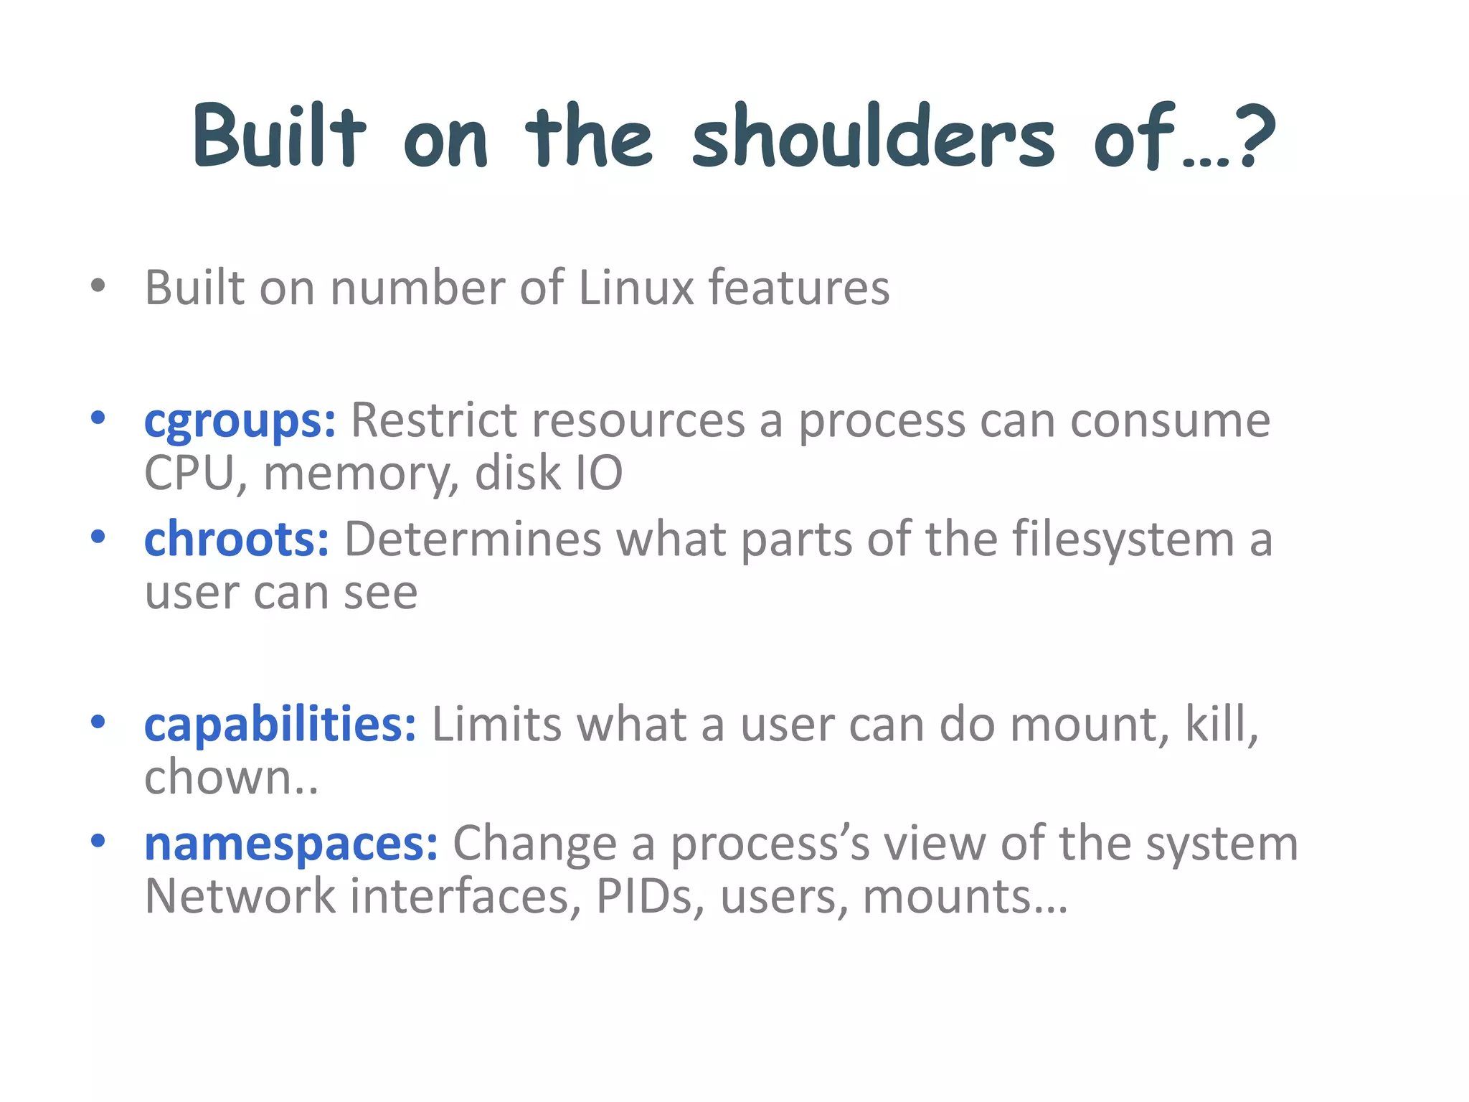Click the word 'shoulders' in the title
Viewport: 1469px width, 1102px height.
(873, 136)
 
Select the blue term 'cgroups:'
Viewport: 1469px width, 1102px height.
(240, 422)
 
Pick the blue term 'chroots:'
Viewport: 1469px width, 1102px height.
(237, 540)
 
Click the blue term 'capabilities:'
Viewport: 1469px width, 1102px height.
(280, 725)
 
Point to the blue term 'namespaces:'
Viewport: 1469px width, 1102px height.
(291, 844)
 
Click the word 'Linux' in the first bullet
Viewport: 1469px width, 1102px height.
(636, 288)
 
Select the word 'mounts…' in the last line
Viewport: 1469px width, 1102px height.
(965, 897)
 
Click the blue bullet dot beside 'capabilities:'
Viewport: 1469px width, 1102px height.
(98, 722)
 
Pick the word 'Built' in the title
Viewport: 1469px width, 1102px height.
(280, 136)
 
